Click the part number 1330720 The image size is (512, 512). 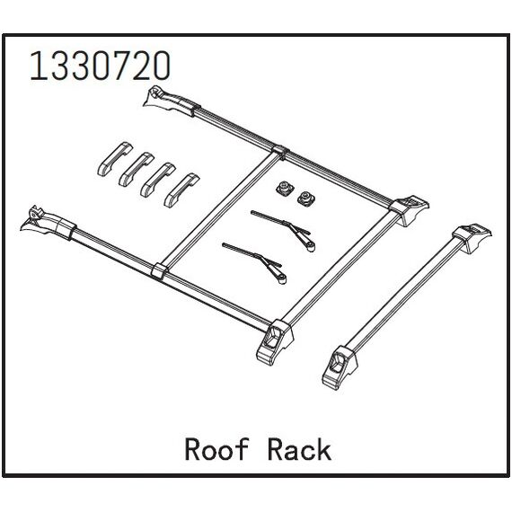click(100, 66)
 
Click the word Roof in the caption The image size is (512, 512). click(216, 450)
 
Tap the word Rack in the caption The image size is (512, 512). click(299, 450)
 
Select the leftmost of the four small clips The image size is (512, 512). click(115, 159)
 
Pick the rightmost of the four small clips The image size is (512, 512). click(181, 190)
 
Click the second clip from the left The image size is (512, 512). click(137, 170)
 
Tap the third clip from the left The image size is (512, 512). click(158, 180)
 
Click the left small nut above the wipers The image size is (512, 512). click(283, 189)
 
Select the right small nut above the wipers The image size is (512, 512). click(305, 198)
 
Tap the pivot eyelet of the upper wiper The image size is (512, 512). click(311, 247)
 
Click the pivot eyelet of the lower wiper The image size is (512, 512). click(281, 279)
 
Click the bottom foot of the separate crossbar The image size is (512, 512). click(340, 367)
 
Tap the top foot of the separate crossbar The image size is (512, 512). click(472, 238)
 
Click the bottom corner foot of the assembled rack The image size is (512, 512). click(275, 342)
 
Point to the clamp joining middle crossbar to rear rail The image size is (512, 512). click(280, 152)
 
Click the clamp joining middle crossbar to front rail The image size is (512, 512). click(160, 270)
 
